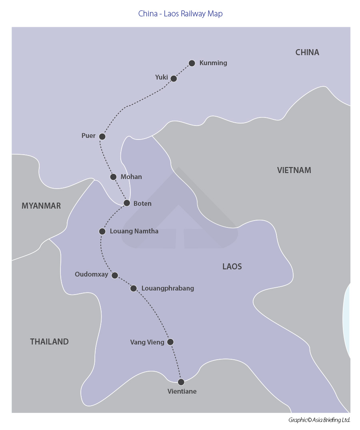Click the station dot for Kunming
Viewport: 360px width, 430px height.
pyautogui.click(x=192, y=63)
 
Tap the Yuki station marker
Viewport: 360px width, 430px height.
pyautogui.click(x=174, y=78)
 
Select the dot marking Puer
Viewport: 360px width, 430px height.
pyautogui.click(x=102, y=136)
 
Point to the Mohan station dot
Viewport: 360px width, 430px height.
pyautogui.click(x=113, y=177)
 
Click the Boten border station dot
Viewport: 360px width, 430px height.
pyautogui.click(x=127, y=203)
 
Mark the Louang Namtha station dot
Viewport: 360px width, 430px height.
pyautogui.click(x=102, y=231)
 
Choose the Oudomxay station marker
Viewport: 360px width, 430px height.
pyautogui.click(x=115, y=275)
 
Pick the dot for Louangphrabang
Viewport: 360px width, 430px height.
pyautogui.click(x=134, y=288)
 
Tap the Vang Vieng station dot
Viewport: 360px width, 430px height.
pyautogui.click(x=170, y=342)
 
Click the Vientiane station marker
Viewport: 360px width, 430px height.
pyautogui.click(x=181, y=382)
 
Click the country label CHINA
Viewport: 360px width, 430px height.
pyautogui.click(x=307, y=52)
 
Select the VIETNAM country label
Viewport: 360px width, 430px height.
pyautogui.click(x=294, y=170)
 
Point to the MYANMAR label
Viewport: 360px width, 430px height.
pyautogui.click(x=41, y=206)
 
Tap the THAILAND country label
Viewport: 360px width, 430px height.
pyautogui.click(x=49, y=342)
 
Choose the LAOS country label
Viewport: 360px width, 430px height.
pyautogui.click(x=232, y=267)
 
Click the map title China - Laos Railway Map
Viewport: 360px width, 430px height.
pyautogui.click(x=180, y=14)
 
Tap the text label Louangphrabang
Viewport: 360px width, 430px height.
pyautogui.click(x=168, y=288)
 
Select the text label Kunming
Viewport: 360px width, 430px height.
pyautogui.click(x=213, y=63)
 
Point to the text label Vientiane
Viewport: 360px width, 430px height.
pyautogui.click(x=182, y=391)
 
